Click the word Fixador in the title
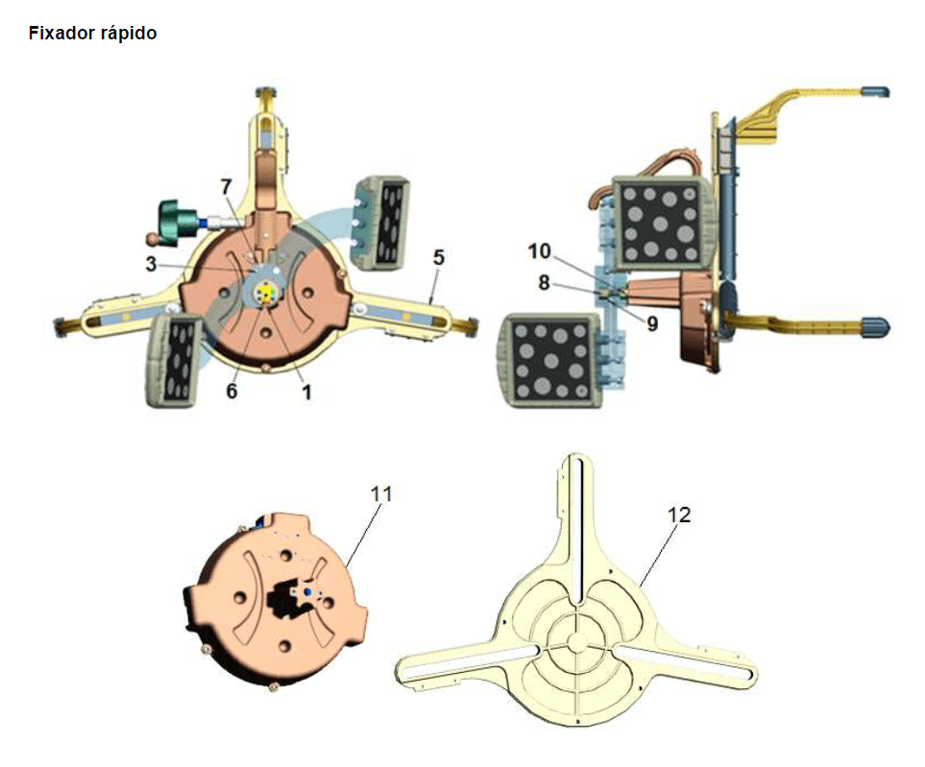61,33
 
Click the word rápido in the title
129,33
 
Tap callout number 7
227,186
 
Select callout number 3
152,264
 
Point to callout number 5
438,257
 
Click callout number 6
231,391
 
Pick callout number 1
306,391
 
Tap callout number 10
539,252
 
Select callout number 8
544,282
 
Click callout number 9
652,324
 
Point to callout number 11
381,494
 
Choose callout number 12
679,515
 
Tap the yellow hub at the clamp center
266,293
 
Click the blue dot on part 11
306,590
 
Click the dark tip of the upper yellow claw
875,91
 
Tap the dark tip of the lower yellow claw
876,325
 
